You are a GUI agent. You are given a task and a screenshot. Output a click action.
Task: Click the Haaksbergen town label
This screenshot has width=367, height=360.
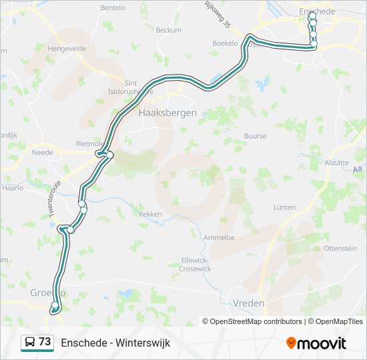point(167,113)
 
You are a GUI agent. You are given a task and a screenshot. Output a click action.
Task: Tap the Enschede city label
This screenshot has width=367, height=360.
point(316,12)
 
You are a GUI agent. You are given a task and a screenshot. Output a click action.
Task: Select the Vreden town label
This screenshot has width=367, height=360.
point(248,303)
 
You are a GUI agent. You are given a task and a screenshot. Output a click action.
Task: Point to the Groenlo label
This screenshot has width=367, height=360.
point(47,293)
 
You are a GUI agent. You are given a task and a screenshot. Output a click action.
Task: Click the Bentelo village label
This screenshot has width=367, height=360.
point(112,8)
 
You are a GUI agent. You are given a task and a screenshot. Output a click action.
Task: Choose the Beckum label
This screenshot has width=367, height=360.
point(168,30)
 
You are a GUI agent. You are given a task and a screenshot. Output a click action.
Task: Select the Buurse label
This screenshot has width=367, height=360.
point(255,136)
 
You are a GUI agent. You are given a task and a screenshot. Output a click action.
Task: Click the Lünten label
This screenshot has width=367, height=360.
point(284,207)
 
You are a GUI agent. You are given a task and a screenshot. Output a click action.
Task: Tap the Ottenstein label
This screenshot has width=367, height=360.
point(340,248)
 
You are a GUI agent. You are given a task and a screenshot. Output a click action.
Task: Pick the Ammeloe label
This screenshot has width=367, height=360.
point(218,237)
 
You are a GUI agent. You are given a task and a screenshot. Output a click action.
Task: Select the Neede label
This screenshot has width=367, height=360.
point(42,153)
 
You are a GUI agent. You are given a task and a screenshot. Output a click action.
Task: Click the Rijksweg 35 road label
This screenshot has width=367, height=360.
point(218,15)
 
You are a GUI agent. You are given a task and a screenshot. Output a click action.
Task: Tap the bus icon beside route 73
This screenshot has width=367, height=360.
point(29,343)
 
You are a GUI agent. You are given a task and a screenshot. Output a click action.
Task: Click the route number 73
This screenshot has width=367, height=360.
point(45,342)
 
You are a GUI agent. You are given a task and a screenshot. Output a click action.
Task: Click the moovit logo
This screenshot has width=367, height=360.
point(316,343)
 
